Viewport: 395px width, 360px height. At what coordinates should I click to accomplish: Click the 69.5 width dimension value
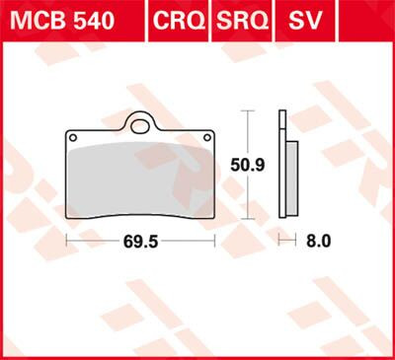click(140, 240)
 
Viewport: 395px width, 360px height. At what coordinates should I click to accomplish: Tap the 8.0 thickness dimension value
click(319, 240)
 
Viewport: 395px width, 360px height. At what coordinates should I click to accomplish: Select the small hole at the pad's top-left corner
click(71, 136)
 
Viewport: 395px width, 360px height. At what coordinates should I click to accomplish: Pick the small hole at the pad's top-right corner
click(208, 136)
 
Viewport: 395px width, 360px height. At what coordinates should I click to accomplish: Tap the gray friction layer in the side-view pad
click(293, 173)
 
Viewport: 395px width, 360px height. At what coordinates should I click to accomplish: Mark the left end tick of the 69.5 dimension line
click(66, 240)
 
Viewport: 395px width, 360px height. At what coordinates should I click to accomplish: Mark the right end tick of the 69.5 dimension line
click(214, 240)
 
